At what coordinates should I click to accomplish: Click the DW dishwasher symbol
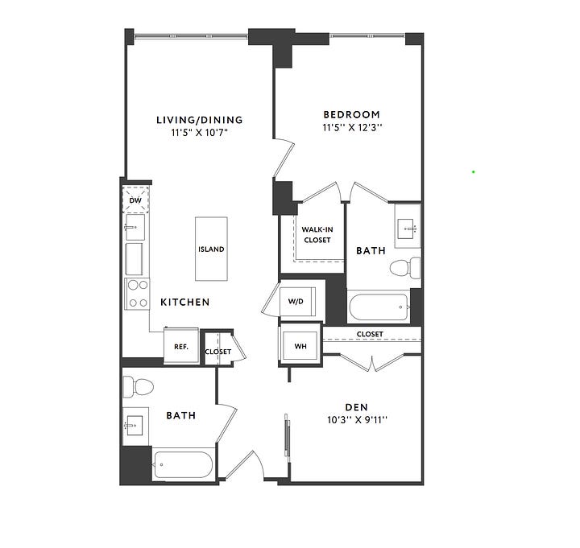[x=136, y=200]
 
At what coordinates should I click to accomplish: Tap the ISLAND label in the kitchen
[x=211, y=249]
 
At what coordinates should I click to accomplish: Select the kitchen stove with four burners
[x=137, y=294]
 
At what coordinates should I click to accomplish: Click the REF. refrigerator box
[x=181, y=346]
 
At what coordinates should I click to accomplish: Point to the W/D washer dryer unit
[x=297, y=301]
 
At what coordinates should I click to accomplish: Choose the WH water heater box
[x=300, y=346]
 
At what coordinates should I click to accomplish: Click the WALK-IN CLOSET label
[x=317, y=235]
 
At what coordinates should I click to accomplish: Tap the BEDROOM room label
[x=352, y=114]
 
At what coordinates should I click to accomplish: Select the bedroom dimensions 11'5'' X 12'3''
[x=352, y=127]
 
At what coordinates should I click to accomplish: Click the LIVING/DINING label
[x=200, y=120]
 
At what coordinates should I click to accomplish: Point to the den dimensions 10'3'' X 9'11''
[x=357, y=420]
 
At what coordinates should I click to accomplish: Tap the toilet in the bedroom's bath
[x=405, y=267]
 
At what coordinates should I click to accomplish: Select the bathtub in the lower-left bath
[x=183, y=464]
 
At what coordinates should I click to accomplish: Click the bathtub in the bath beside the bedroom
[x=379, y=307]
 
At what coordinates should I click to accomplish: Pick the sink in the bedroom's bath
[x=408, y=229]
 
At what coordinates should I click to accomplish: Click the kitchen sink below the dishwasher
[x=135, y=227]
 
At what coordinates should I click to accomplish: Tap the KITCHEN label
[x=185, y=302]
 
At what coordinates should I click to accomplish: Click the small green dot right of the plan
[x=473, y=171]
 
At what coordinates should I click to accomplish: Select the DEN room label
[x=357, y=407]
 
